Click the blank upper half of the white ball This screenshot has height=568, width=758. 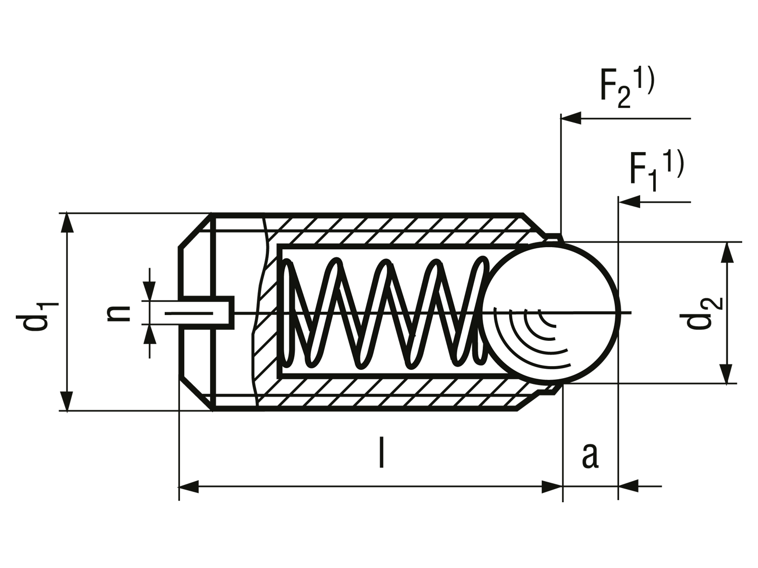point(548,279)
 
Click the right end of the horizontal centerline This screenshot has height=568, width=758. point(614,313)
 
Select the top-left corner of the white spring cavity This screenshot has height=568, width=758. point(283,250)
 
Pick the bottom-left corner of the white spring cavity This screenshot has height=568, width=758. point(283,372)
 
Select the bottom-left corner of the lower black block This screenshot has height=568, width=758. point(178,503)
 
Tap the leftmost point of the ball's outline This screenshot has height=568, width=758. point(482,313)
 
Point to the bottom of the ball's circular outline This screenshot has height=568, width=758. point(548,379)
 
